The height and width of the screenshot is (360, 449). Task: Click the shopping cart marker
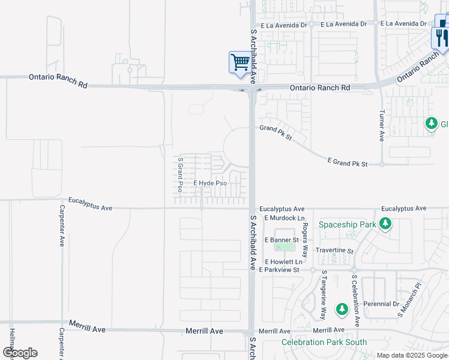click(240, 62)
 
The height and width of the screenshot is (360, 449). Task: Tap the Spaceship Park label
click(347, 224)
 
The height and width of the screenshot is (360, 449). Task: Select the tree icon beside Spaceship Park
click(385, 224)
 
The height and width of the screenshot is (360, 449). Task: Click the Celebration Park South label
click(324, 343)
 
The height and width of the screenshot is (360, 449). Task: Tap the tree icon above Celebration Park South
click(342, 310)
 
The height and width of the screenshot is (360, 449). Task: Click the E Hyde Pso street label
click(210, 183)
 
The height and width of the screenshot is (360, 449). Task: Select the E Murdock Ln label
click(284, 218)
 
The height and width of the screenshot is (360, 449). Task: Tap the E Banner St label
click(282, 240)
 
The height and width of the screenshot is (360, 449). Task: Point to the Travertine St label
click(334, 251)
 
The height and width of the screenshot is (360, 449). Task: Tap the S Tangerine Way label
click(324, 294)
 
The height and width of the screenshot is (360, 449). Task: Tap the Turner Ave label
click(381, 125)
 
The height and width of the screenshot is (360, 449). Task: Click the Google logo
click(20, 353)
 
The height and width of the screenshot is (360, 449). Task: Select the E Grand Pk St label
click(355, 162)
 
